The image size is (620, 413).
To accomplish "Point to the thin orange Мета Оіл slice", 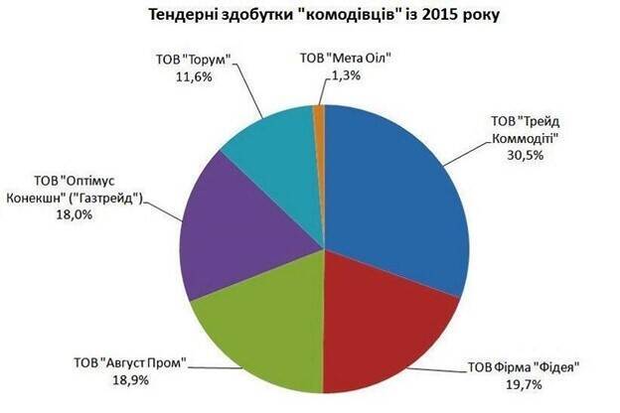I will click(319, 114).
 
